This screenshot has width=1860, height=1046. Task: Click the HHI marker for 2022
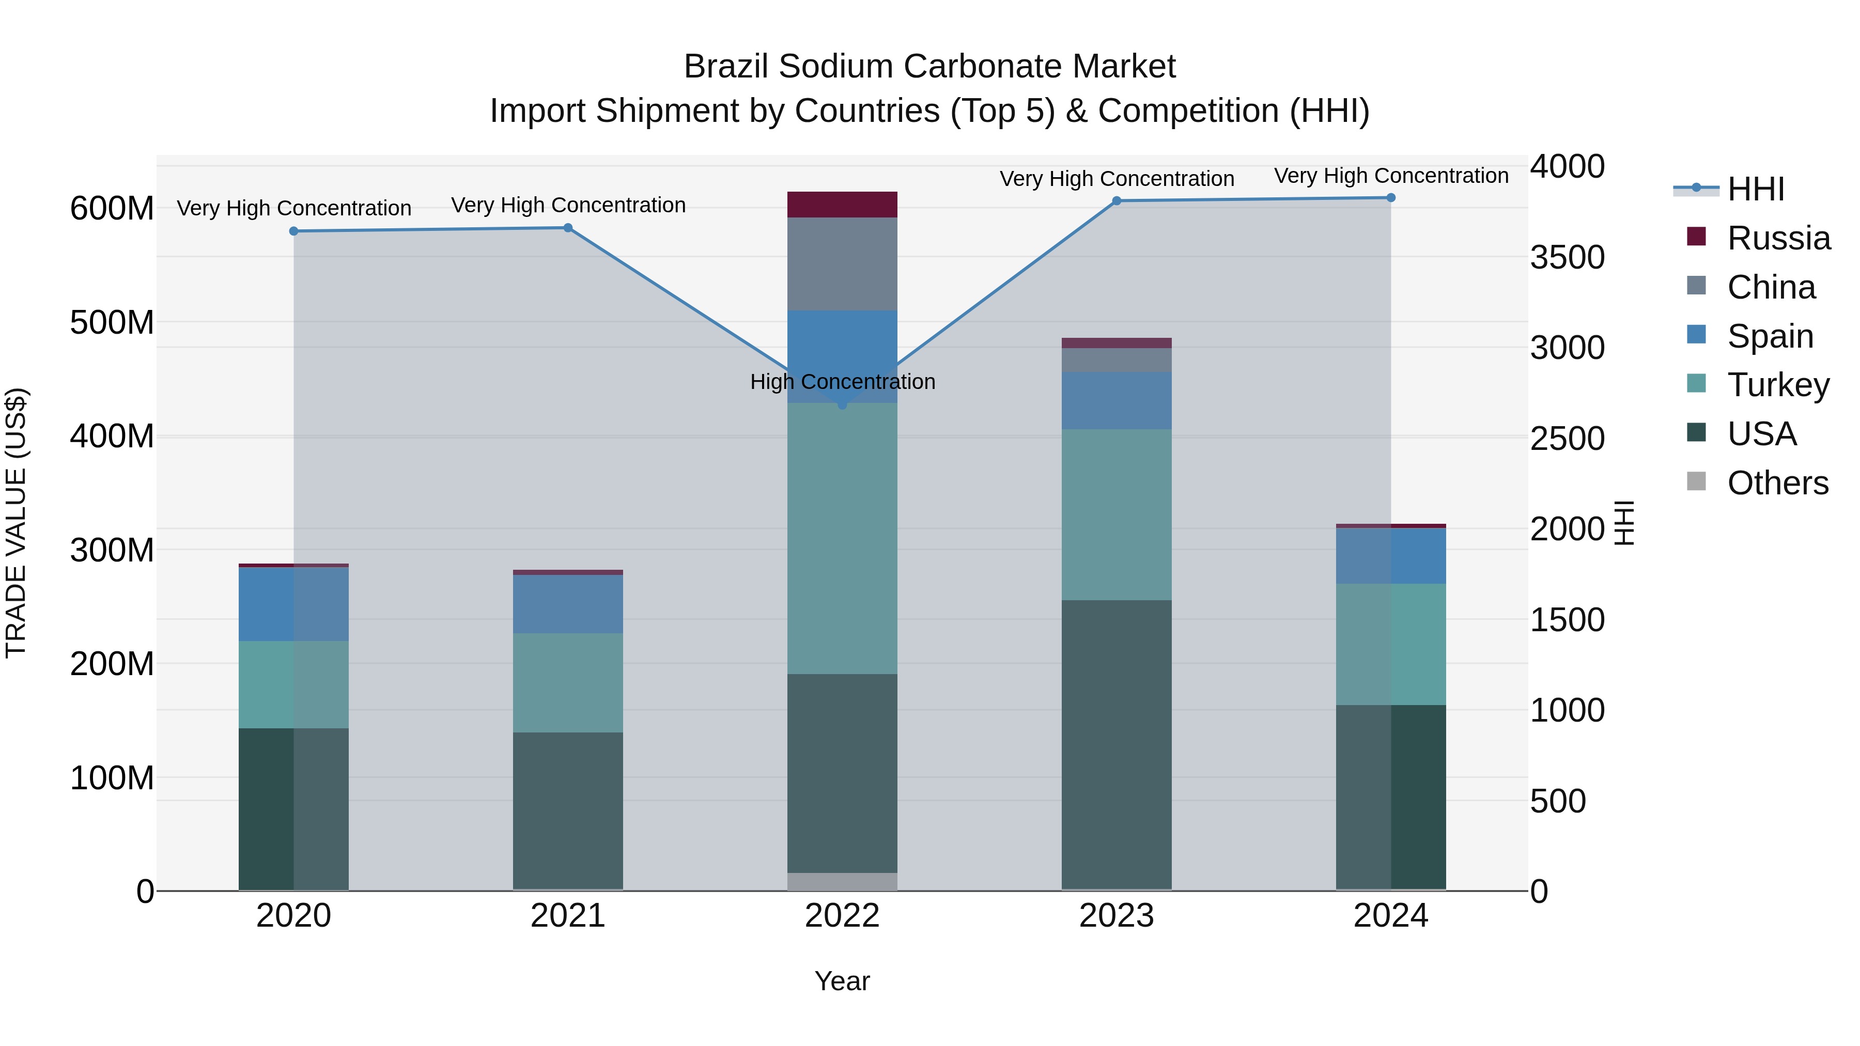coord(842,405)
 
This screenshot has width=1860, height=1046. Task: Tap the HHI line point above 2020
coord(294,231)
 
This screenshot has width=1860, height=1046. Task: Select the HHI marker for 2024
coord(1391,198)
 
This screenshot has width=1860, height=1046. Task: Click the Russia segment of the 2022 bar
coord(842,204)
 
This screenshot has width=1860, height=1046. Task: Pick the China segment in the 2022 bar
coord(842,263)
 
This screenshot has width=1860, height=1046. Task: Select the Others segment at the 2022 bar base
coord(842,881)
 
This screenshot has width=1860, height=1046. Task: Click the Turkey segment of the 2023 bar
coord(1117,514)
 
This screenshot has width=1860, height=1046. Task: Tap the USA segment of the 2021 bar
coord(567,810)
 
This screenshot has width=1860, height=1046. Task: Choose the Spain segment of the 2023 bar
coord(1117,401)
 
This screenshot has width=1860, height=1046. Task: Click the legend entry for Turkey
coord(1778,385)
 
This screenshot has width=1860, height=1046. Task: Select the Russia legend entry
coord(1778,238)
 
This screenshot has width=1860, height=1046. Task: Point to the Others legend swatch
coord(1696,481)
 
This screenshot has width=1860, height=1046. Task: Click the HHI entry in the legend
coord(1755,189)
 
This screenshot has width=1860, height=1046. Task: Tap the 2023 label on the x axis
coord(1117,916)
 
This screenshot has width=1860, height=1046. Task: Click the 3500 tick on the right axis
coord(1567,257)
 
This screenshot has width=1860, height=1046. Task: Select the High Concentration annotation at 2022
coord(842,381)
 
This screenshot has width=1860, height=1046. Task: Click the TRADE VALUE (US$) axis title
coord(16,523)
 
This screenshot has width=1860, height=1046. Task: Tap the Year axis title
coord(842,981)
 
